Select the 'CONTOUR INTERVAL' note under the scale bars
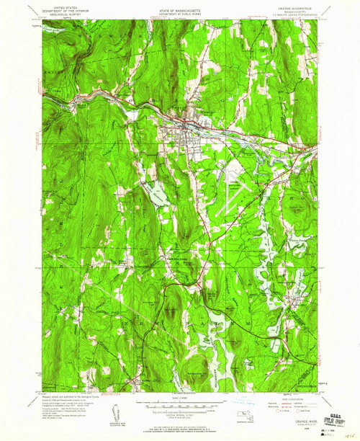click(x=180, y=412)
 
